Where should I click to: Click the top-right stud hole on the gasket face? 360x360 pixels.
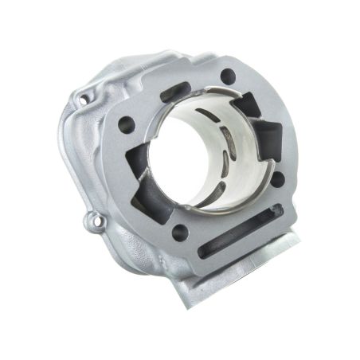tap(228, 76)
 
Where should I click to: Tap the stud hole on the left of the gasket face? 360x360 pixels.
tap(126, 124)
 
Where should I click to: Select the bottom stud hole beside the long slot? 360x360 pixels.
tap(180, 232)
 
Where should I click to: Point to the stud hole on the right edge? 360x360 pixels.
tap(278, 178)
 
